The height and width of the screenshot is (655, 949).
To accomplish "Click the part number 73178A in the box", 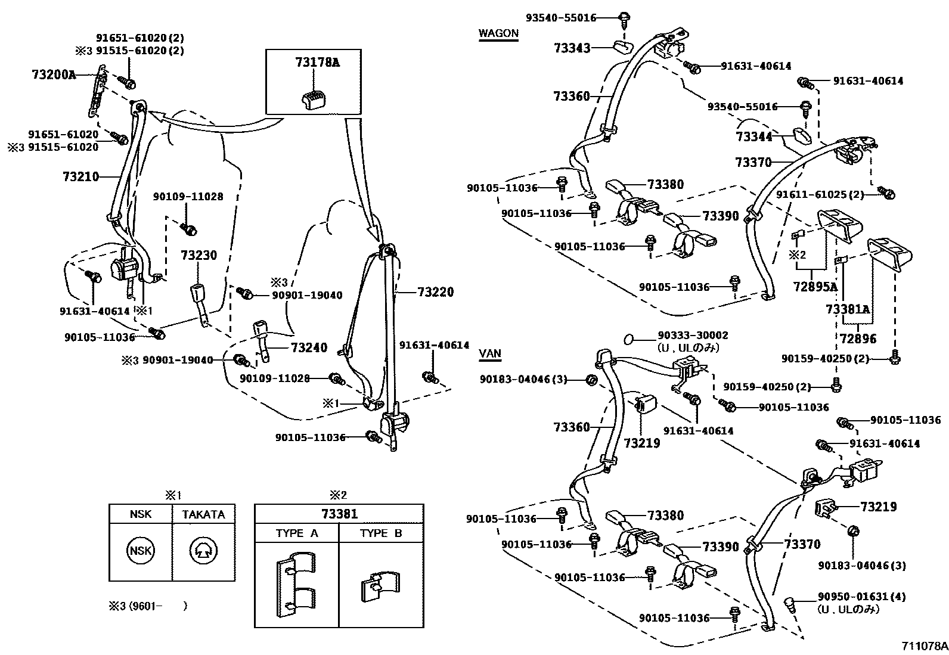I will point(317,61).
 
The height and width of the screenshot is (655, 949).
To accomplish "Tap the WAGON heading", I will point(498,33).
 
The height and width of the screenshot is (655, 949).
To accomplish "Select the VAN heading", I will point(489,353).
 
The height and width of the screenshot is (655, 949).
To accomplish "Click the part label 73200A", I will point(54,74).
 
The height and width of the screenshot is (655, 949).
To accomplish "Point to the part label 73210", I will point(80,176).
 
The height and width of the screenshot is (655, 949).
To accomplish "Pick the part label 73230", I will point(199,256).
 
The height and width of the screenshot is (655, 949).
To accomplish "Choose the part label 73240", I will point(309,347).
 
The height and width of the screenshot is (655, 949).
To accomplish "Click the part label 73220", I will point(435,292).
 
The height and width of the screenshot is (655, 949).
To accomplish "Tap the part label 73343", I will point(572,48).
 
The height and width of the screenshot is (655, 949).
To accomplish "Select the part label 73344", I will point(754,136).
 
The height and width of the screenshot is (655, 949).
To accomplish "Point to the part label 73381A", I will point(848,309).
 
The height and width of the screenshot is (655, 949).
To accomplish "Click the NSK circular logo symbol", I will point(141,551).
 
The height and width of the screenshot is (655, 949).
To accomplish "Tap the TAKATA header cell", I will point(203,514).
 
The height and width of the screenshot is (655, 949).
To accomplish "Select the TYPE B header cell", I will point(381,533).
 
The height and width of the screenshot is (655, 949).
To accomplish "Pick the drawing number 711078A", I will point(923,646).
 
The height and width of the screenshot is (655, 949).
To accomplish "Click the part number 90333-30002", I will point(693,336).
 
